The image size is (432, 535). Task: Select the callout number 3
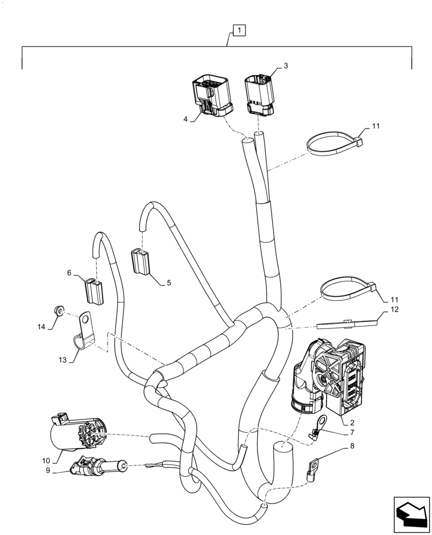point(286,66)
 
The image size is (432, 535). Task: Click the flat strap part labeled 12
point(347,324)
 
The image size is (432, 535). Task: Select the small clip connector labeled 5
point(140,261)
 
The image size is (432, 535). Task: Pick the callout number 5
point(169,283)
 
